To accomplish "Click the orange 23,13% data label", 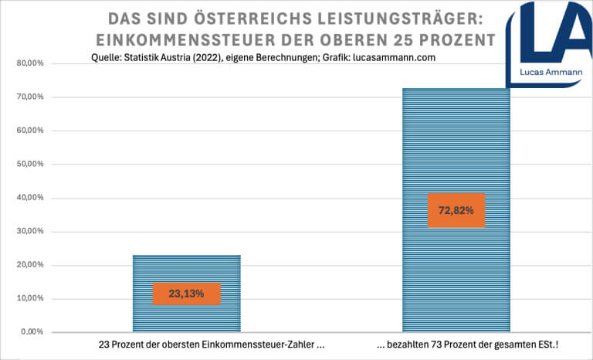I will pyautogui.click(x=187, y=294).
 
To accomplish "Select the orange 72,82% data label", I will pyautogui.click(x=456, y=210).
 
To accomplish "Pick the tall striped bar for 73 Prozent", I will pyautogui.click(x=456, y=139).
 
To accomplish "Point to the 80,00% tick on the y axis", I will pyautogui.click(x=31, y=63).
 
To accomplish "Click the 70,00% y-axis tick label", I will pyautogui.click(x=31, y=97).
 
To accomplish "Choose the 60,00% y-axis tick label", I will pyautogui.click(x=31, y=131).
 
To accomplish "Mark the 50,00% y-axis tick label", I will pyautogui.click(x=31, y=165).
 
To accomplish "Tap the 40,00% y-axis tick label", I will pyautogui.click(x=31, y=198).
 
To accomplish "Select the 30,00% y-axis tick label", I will pyautogui.click(x=31, y=232).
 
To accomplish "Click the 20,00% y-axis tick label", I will pyautogui.click(x=31, y=265).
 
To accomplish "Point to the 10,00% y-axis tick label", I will pyautogui.click(x=31, y=299).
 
